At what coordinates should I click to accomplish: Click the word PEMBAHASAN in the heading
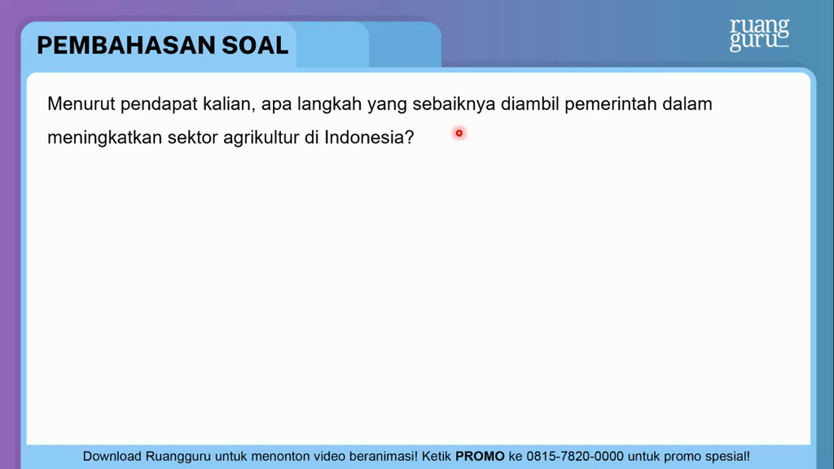pyautogui.click(x=126, y=46)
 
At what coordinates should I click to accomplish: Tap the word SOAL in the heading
pyautogui.click(x=255, y=46)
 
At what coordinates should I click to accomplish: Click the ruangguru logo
pyautogui.click(x=760, y=35)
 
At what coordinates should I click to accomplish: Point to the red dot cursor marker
pyautogui.click(x=459, y=133)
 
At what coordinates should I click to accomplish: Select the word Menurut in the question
pyautogui.click(x=81, y=103)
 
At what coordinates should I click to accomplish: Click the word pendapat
pyautogui.click(x=159, y=105)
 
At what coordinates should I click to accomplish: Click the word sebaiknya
pyautogui.click(x=454, y=105)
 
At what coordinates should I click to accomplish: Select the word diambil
pyautogui.click(x=529, y=103)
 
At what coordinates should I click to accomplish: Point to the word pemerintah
pyautogui.click(x=611, y=105)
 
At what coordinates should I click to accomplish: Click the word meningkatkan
pyautogui.click(x=105, y=138)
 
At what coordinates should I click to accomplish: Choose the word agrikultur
pyautogui.click(x=261, y=138)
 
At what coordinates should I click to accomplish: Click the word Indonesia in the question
pyautogui.click(x=364, y=137)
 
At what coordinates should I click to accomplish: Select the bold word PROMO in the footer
pyautogui.click(x=480, y=456)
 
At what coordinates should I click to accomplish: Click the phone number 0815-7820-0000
pyautogui.click(x=575, y=456)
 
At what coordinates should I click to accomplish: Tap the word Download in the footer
pyautogui.click(x=112, y=456)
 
